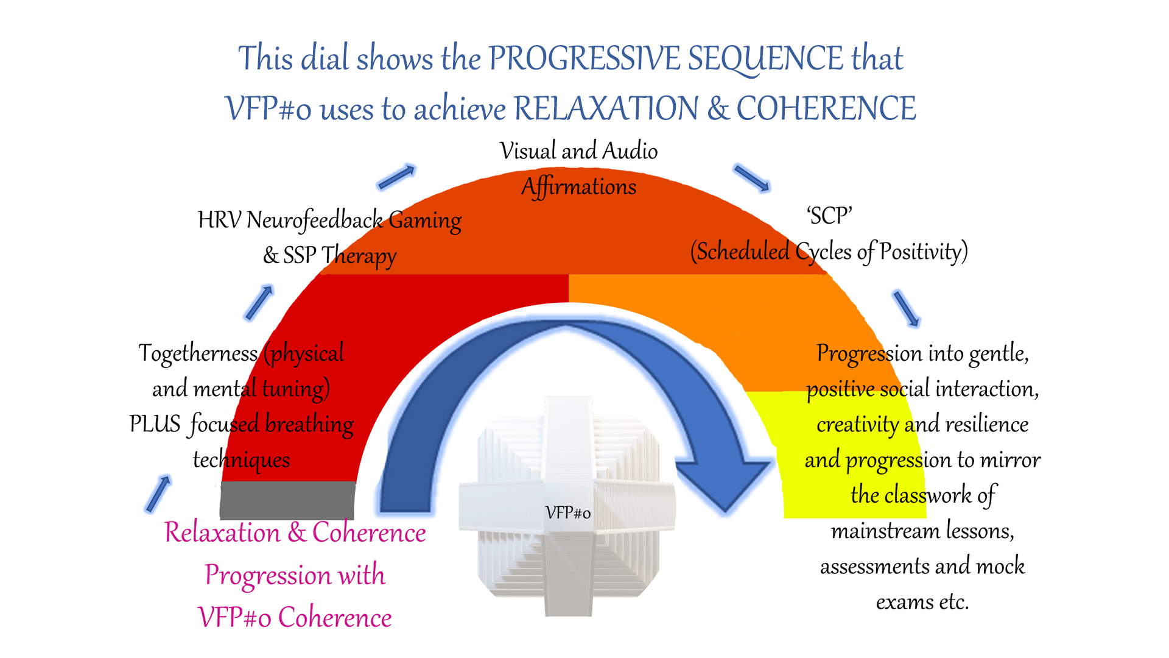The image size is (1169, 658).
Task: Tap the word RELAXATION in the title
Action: coord(606,108)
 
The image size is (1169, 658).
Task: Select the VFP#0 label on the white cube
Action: coord(568,513)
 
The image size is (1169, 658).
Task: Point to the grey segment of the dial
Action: coord(287,500)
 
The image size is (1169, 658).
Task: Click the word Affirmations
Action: coord(579,186)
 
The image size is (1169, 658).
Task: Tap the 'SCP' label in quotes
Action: coord(829,216)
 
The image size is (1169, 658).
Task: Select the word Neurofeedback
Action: coord(315,220)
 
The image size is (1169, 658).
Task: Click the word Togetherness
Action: coord(198,353)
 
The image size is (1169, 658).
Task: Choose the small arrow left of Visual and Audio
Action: coord(396,177)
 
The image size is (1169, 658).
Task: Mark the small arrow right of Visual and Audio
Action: coord(753,177)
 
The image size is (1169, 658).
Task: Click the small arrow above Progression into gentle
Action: coord(907,308)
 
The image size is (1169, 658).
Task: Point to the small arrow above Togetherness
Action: coord(259,302)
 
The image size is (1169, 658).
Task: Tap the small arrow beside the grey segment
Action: coord(158,493)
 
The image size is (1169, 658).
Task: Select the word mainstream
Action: coord(872,531)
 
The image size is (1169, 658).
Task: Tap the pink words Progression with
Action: coord(295,575)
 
